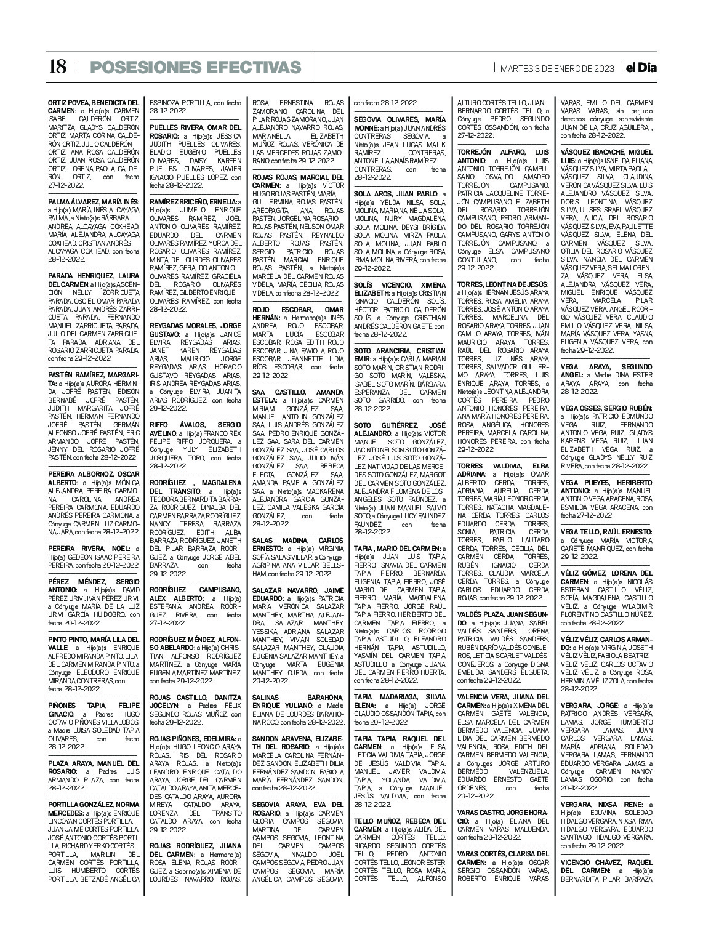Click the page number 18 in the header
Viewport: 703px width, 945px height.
pyautogui.click(x=57, y=66)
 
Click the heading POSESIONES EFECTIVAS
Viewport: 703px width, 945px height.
pyautogui.click(x=195, y=67)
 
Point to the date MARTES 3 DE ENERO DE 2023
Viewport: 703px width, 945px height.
pyautogui.click(x=556, y=68)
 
